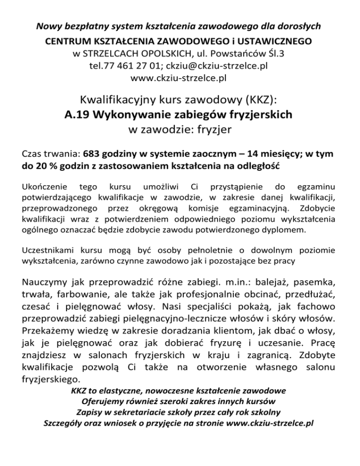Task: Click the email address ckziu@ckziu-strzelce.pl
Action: (x=218, y=66)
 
